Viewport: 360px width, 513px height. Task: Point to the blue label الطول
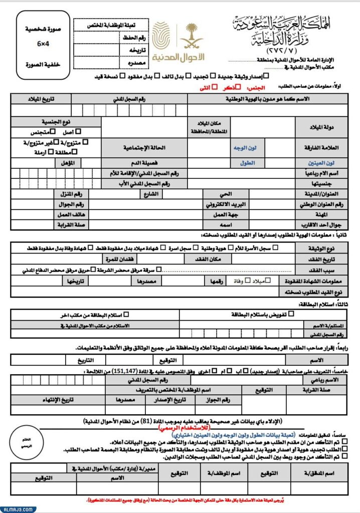(247, 163)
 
